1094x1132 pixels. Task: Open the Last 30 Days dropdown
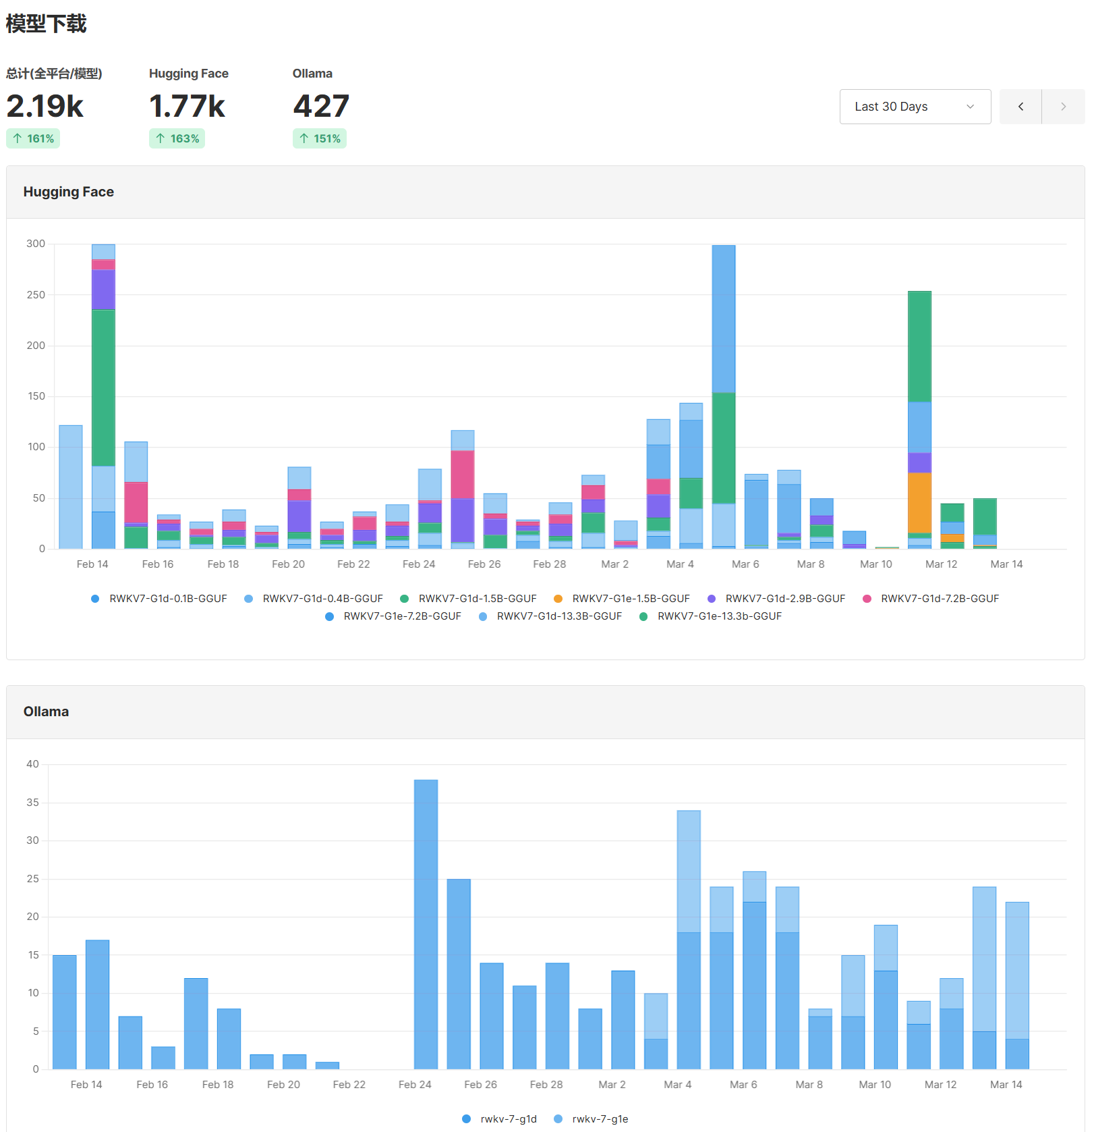(915, 107)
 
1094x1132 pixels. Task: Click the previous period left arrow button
(1020, 107)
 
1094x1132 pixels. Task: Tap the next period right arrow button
(1063, 107)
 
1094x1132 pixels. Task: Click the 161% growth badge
(33, 138)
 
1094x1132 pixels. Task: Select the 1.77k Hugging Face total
(187, 107)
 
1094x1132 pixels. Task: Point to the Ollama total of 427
(321, 107)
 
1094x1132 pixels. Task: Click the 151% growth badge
(320, 138)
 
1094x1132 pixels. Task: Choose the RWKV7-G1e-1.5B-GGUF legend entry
(631, 599)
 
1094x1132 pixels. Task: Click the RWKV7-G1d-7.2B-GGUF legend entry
(939, 599)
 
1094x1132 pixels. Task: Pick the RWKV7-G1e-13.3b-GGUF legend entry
(719, 616)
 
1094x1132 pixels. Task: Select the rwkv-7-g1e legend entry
(600, 1119)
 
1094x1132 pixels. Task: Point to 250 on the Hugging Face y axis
(36, 295)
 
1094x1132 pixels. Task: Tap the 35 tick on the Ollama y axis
(32, 803)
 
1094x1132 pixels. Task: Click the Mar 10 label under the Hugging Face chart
(875, 564)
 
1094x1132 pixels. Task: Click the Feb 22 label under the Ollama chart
(349, 1085)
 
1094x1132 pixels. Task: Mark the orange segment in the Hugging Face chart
(919, 503)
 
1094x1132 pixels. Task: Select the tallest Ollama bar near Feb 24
(426, 925)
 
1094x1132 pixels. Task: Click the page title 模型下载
(46, 24)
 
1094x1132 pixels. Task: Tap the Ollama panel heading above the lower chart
(46, 711)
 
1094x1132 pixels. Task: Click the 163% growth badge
(177, 138)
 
